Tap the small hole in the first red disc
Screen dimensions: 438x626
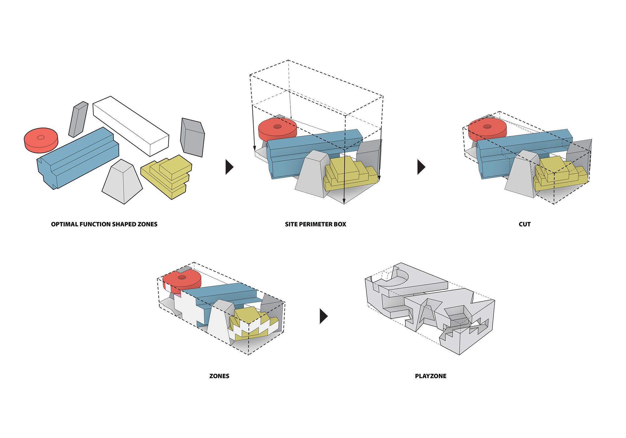(41, 137)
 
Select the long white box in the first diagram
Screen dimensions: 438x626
(131, 125)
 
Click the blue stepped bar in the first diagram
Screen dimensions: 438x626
(78, 156)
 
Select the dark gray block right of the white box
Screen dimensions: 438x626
(192, 138)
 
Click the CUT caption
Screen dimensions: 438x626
(525, 224)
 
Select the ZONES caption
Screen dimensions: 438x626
(219, 376)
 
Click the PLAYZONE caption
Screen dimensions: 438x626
(431, 376)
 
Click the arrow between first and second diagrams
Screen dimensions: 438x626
(229, 167)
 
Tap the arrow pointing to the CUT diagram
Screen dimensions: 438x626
(421, 167)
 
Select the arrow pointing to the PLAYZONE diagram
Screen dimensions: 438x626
(323, 316)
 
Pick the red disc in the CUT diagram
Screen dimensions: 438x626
(487, 128)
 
